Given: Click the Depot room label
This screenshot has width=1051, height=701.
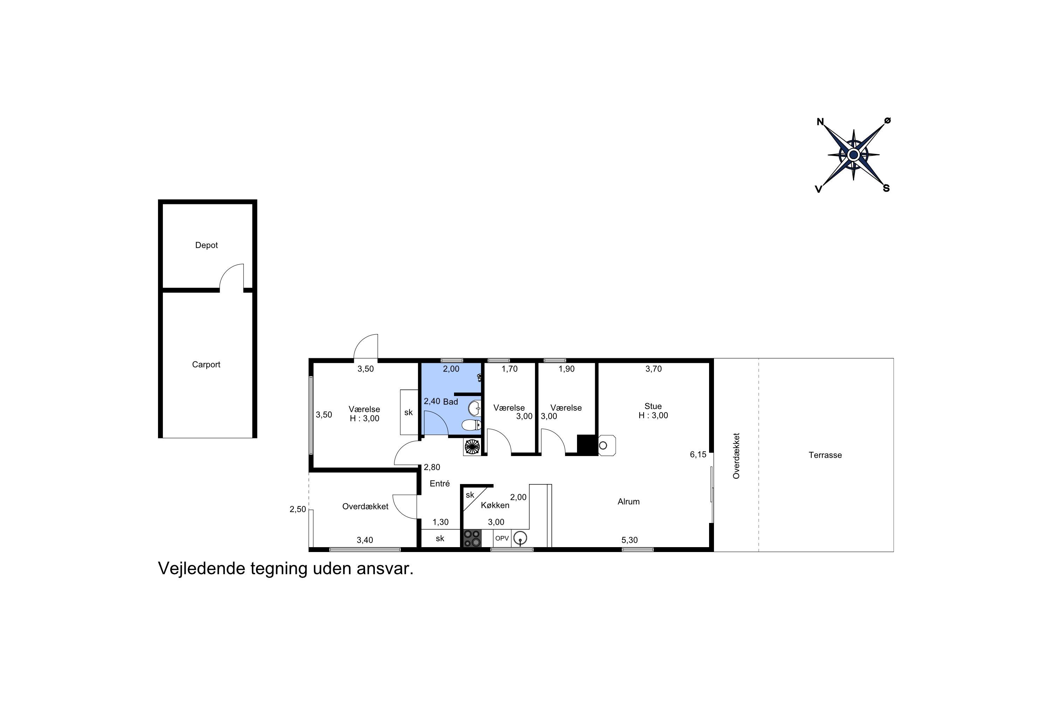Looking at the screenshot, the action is tap(206, 245).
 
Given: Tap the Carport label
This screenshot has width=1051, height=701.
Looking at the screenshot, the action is tap(206, 365).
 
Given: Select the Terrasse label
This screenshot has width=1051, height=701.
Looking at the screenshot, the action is tap(825, 455).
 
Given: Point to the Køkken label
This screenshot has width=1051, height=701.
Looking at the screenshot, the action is tap(495, 505).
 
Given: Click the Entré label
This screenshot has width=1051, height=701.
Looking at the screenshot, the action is tap(440, 483).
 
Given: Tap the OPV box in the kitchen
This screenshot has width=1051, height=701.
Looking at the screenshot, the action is tap(502, 538).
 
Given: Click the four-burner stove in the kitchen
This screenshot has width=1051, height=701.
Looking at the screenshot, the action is tap(472, 538).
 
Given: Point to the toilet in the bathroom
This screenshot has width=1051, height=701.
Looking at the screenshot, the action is tap(472, 425).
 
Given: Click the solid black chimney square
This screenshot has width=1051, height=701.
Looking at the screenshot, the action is tap(586, 445).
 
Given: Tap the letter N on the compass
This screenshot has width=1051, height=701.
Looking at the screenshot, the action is tap(820, 122).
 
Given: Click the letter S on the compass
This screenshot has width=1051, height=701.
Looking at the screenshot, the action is tap(886, 188).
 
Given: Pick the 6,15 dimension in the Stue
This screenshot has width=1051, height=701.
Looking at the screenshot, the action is tap(698, 455).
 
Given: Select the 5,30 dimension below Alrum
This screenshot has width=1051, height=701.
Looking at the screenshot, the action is tap(630, 540).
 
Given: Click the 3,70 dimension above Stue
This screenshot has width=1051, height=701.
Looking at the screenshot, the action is tap(653, 369).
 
